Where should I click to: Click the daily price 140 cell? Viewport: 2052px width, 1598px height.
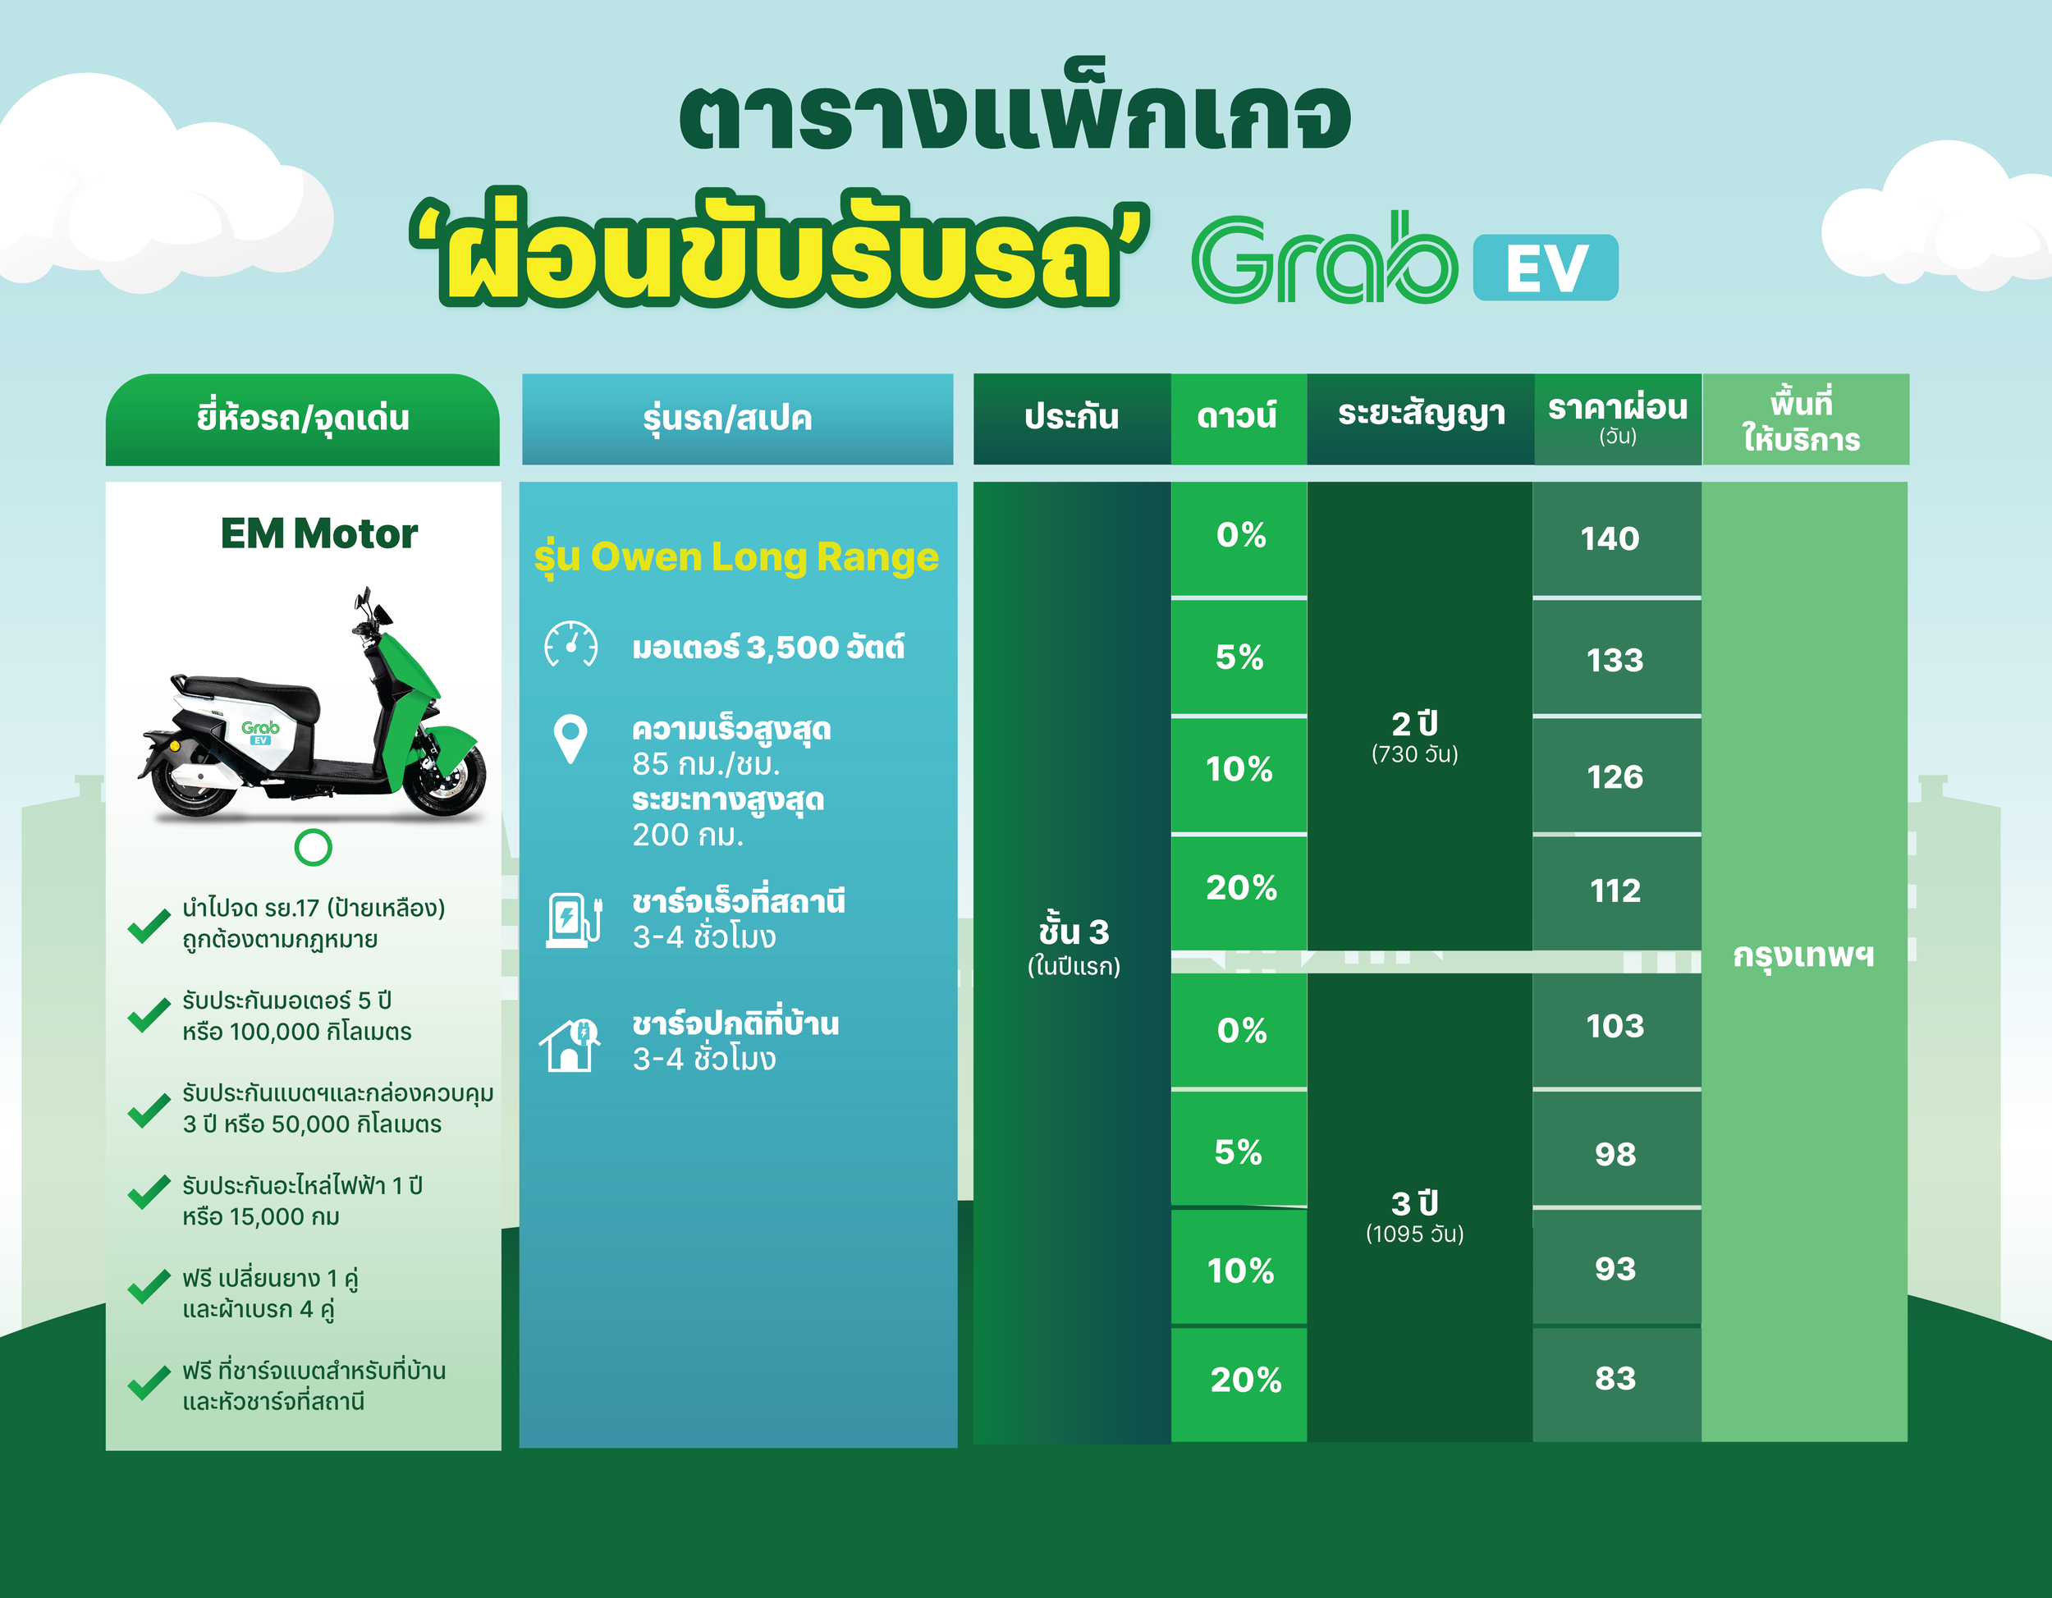[x=1610, y=539]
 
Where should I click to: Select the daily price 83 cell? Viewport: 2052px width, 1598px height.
[x=1615, y=1378]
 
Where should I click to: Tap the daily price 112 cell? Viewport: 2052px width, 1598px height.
[x=1615, y=891]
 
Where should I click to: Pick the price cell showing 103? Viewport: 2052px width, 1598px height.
[x=1615, y=1026]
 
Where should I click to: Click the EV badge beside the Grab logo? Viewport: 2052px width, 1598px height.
[x=1545, y=268]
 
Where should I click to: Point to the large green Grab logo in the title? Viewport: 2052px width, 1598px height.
[x=1324, y=259]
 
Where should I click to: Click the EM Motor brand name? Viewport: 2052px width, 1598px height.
[x=318, y=533]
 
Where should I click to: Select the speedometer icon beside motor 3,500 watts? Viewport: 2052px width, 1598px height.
[x=570, y=645]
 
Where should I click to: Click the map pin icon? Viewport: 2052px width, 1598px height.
[x=570, y=739]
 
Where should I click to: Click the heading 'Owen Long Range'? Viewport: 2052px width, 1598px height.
[x=736, y=557]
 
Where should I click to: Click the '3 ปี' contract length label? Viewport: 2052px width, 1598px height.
[x=1415, y=1204]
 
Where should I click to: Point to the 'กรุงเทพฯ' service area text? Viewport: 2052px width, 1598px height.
[x=1803, y=955]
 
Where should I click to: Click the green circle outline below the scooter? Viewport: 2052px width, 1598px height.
[x=313, y=847]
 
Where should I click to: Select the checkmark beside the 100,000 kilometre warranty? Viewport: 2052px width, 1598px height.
[x=149, y=1015]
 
